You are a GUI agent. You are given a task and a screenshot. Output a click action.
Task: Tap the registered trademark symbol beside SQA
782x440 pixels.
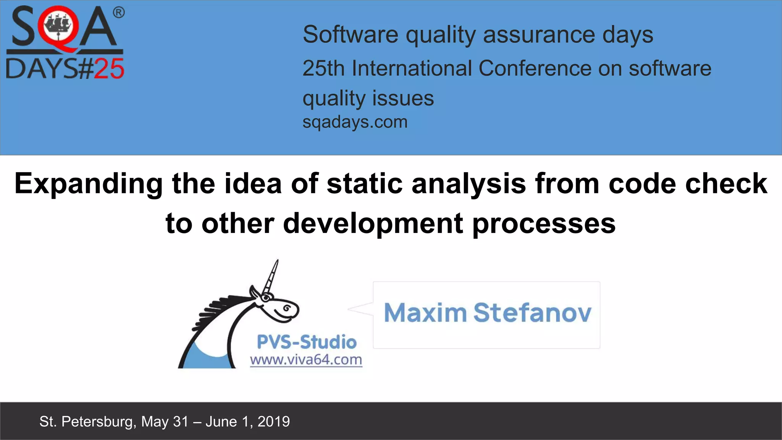click(x=119, y=13)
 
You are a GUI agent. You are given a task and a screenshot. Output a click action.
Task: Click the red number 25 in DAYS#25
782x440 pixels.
click(x=109, y=69)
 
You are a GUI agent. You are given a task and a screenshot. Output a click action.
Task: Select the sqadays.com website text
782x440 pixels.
click(x=355, y=122)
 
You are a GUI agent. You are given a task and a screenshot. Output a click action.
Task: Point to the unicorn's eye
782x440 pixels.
click(x=286, y=308)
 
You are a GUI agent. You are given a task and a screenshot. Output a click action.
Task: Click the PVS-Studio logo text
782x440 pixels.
click(x=307, y=342)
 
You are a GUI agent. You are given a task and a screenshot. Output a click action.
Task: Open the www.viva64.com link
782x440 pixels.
click(x=306, y=360)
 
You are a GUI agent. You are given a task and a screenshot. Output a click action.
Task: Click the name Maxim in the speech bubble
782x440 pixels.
click(x=425, y=313)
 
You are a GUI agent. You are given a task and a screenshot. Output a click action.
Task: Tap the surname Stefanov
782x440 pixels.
click(x=532, y=313)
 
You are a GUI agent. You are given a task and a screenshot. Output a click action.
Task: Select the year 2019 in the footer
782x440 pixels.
click(x=273, y=422)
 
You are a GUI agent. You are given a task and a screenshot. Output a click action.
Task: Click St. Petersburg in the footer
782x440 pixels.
click(x=86, y=422)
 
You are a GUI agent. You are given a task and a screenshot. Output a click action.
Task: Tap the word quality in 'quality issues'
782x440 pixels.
click(x=334, y=99)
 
